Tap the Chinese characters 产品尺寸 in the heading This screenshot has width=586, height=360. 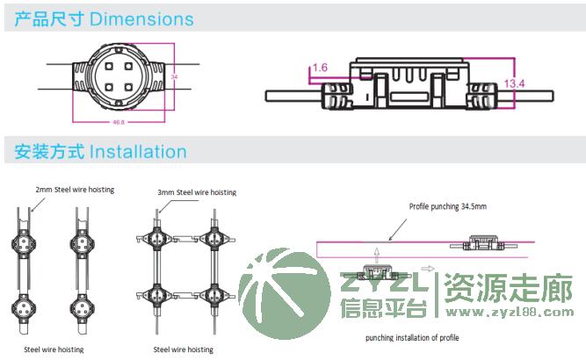click(x=49, y=19)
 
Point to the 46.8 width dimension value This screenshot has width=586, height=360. click(x=118, y=121)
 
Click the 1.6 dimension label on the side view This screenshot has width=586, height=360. click(x=319, y=67)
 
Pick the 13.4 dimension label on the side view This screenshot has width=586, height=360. click(x=515, y=83)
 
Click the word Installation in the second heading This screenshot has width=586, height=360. click(x=139, y=152)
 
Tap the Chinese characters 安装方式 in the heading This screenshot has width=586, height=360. click(x=49, y=152)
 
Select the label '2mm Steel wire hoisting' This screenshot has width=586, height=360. click(x=75, y=189)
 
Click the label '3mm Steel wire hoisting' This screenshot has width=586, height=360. click(x=197, y=192)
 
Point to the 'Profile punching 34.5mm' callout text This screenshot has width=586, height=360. click(x=448, y=206)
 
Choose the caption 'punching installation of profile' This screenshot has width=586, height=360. click(x=412, y=337)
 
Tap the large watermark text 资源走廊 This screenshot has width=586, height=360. click(x=508, y=287)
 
